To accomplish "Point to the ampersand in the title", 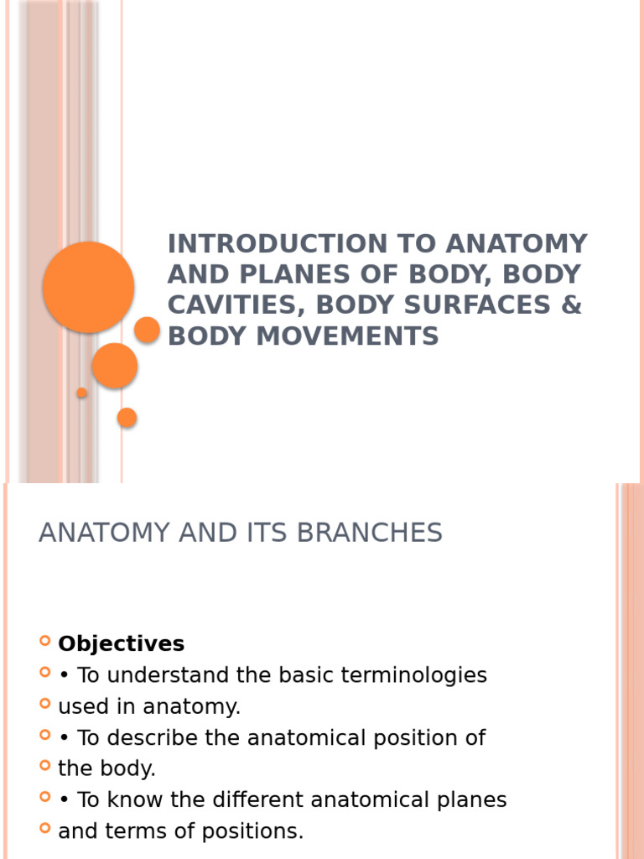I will [572, 305].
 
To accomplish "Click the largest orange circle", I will [88, 287].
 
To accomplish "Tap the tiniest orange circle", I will [82, 393].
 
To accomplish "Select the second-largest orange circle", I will [115, 365].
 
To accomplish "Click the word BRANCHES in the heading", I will [371, 533].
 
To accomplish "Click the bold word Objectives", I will [122, 644].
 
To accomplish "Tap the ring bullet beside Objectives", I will [45, 643].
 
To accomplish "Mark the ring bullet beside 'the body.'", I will [45, 766].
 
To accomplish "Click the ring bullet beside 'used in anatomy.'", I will [45, 705].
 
